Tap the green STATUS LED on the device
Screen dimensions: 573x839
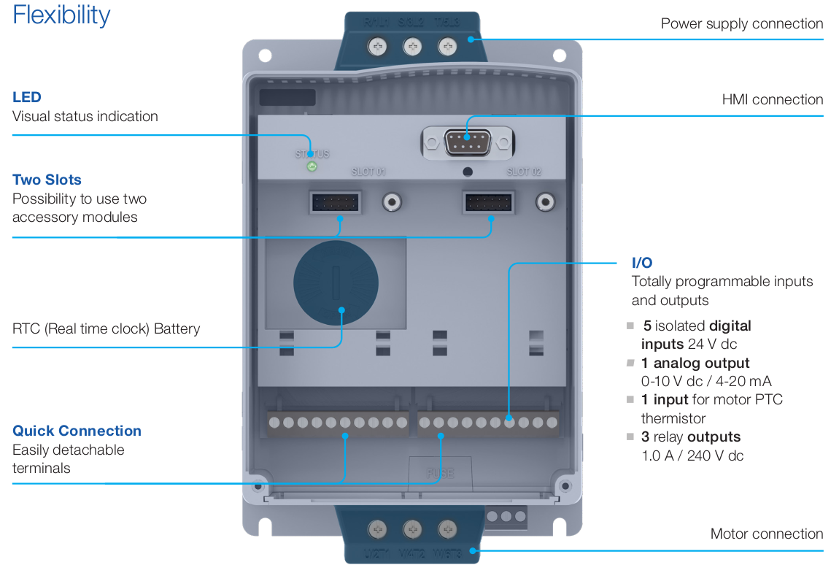(x=312, y=167)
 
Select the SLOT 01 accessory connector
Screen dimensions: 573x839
(x=335, y=201)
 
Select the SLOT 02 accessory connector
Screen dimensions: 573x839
(x=489, y=201)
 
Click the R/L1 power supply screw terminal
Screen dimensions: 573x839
(x=379, y=47)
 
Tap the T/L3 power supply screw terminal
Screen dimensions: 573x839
(x=447, y=47)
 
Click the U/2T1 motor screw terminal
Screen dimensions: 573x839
(x=377, y=528)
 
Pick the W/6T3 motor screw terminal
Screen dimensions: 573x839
(x=447, y=528)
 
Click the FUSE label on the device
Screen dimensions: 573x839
(x=440, y=473)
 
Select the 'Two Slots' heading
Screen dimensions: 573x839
(x=47, y=180)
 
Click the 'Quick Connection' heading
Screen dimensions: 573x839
(x=77, y=431)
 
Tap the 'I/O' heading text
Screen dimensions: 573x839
(x=642, y=263)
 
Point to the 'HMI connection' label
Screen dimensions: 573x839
(x=773, y=100)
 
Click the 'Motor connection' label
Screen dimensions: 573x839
(x=767, y=534)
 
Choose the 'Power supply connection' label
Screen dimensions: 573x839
(x=742, y=24)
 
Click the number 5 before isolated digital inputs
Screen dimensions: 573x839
(x=647, y=326)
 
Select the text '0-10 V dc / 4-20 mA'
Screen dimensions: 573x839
(x=706, y=381)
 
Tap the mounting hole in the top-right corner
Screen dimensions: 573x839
(x=560, y=55)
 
